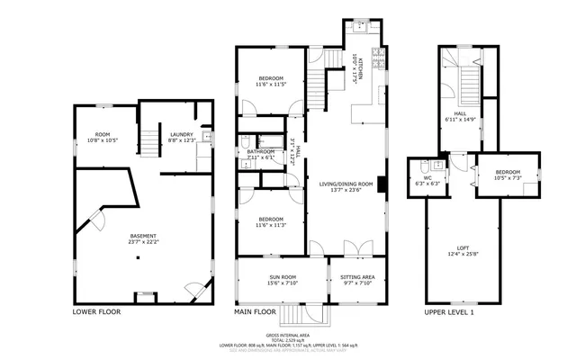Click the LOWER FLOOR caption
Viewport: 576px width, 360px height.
95,312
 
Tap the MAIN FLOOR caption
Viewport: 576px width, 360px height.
255,312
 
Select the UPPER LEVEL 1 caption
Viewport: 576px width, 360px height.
448,312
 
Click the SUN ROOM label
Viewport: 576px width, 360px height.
281,276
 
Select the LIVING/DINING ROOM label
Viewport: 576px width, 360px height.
345,184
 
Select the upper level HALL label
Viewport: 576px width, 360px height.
459,114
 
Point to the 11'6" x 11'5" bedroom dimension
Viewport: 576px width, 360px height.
271,85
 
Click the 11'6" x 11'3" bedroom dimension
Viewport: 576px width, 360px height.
271,226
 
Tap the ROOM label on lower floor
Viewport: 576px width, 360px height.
102,134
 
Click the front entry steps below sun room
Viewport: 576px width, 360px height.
293,314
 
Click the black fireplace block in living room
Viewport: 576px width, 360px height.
383,185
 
